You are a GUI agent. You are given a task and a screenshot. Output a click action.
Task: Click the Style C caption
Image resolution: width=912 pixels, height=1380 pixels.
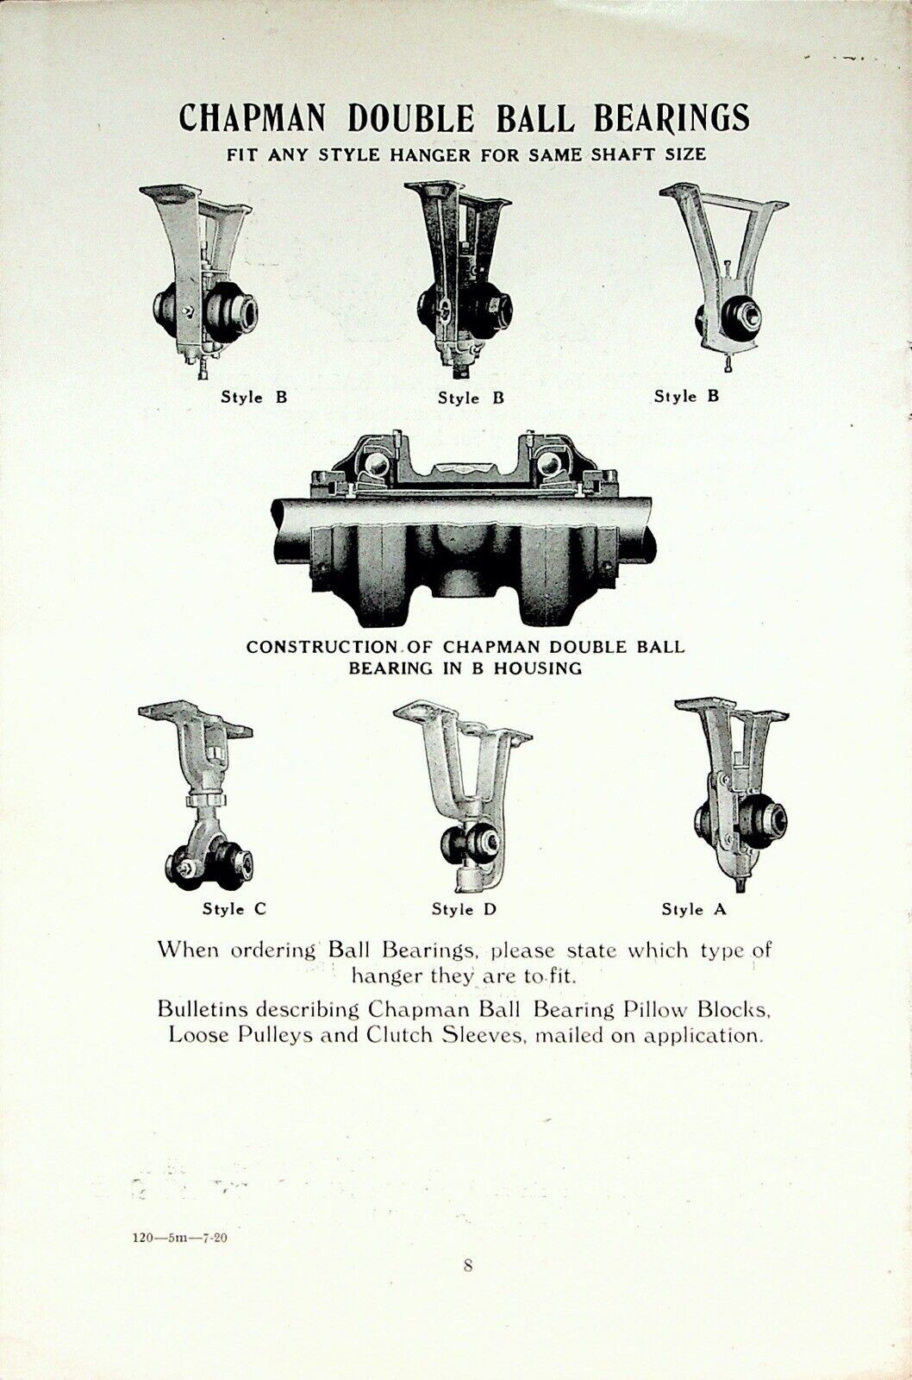234,908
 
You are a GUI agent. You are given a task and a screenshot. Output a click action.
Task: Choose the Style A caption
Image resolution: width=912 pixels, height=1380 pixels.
694,908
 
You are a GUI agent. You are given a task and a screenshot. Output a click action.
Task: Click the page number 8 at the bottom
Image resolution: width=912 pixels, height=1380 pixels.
468,1265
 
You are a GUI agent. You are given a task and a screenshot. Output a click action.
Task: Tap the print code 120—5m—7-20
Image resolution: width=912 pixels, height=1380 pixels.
181,1236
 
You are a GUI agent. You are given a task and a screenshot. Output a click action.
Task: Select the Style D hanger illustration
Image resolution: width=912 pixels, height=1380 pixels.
463,793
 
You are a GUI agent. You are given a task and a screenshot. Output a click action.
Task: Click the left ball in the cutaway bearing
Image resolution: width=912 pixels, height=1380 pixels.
376,466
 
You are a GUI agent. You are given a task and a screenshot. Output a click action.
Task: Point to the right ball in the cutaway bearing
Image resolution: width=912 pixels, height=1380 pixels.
546,466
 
